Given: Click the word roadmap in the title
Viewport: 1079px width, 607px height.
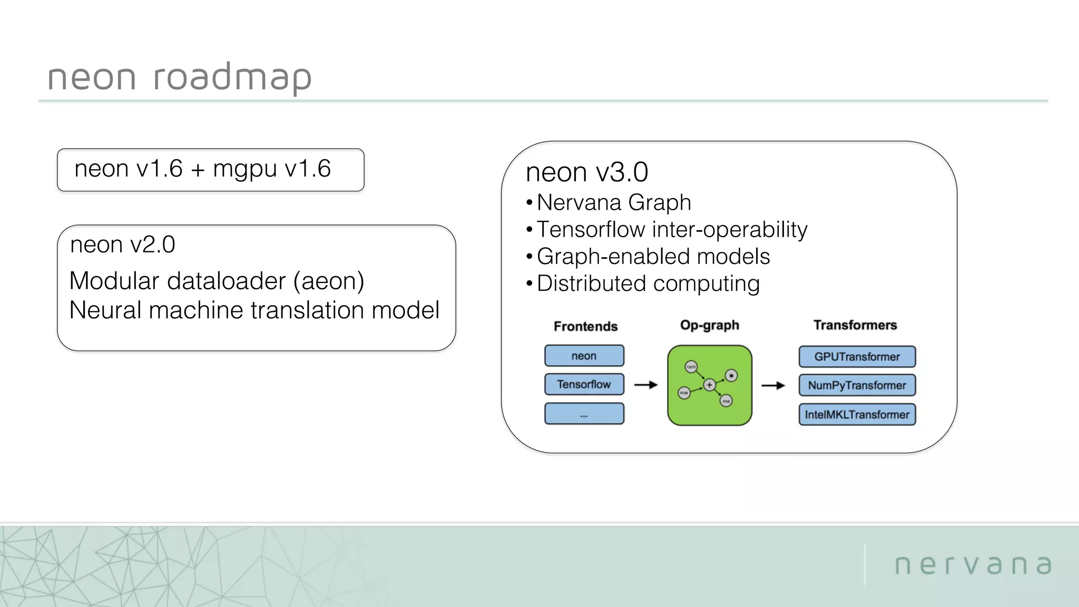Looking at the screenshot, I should coord(232,77).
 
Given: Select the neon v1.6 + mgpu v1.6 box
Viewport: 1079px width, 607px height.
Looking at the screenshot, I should coord(210,170).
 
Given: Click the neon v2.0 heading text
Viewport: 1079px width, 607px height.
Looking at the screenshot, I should coord(122,244).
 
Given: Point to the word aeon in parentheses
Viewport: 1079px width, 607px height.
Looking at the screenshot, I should coord(328,281).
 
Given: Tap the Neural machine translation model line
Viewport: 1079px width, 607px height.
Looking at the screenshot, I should coord(254,310).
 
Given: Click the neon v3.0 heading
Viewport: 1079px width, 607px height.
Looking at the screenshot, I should coord(586,172).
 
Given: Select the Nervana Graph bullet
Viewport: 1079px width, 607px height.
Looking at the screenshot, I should coord(613,202).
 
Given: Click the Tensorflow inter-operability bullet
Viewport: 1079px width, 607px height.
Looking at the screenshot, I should coord(671,230).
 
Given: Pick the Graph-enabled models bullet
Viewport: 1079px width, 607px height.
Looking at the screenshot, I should coord(653,257).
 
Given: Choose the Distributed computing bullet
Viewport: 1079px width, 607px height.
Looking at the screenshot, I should coord(648,283).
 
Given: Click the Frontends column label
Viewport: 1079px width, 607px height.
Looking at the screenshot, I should coord(585,326).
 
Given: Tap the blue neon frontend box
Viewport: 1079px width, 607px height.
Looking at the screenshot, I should coord(584,356).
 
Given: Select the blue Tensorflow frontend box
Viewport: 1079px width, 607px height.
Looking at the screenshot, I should coord(584,384).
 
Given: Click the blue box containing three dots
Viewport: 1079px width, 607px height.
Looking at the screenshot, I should coord(584,414).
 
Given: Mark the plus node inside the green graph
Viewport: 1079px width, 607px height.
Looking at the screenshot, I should coord(709,385).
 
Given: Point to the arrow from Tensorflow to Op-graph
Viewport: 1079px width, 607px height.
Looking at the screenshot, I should coord(646,385).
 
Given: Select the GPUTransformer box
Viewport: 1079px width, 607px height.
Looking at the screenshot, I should coord(857,357).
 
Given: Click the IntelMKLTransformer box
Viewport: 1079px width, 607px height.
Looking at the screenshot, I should coord(857,415).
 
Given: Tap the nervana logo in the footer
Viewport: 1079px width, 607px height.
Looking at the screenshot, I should coord(973,564).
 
